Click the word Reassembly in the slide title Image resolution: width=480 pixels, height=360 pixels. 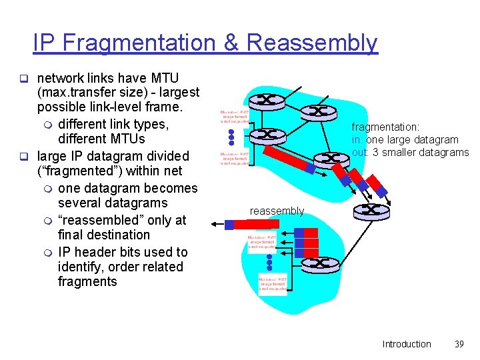tap(312, 43)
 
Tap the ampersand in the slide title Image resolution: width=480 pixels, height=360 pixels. tap(231, 43)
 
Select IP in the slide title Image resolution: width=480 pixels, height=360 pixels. tap(43, 43)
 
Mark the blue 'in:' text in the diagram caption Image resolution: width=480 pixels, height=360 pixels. tap(358, 140)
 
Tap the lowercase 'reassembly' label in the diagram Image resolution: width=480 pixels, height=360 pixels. tap(277, 211)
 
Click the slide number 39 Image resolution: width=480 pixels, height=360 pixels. tap(458, 344)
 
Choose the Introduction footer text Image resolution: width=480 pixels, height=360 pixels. tap(407, 344)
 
